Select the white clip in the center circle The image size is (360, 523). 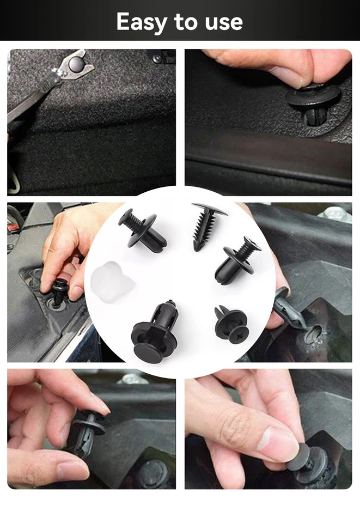coord(112,281)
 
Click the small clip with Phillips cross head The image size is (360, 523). coord(231,325)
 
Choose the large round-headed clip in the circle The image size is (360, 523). coord(152,334)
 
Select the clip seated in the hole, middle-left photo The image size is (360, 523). coord(58,293)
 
